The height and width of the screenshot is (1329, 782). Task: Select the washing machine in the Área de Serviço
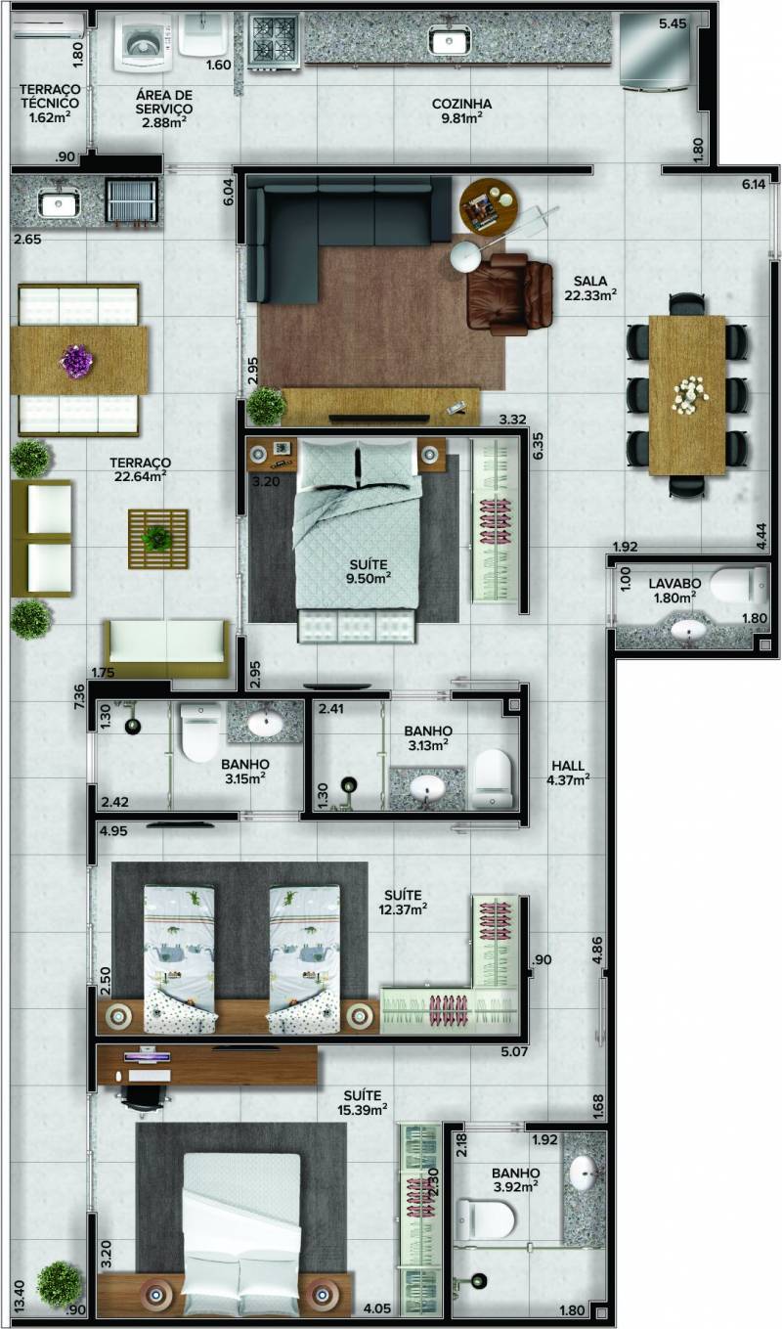click(x=144, y=43)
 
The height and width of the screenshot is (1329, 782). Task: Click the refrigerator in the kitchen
click(x=655, y=51)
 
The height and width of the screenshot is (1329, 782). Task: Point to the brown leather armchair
click(x=507, y=290)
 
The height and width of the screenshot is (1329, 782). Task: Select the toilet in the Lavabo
click(x=738, y=585)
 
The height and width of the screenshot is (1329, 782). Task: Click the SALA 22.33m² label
click(x=589, y=288)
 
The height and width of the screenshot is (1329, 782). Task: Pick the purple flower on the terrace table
click(x=78, y=360)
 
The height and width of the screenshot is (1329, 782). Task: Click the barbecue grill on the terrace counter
click(x=132, y=201)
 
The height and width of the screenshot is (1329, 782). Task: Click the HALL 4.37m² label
click(x=567, y=773)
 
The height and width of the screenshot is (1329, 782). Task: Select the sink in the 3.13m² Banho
click(x=428, y=787)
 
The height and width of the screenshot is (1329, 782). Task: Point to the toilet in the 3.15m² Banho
click(x=200, y=731)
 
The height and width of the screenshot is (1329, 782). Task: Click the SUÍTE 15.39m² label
click(x=363, y=1102)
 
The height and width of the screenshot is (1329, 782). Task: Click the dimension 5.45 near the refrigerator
click(x=673, y=23)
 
